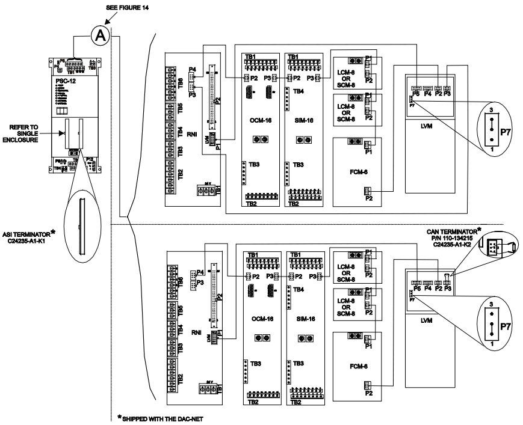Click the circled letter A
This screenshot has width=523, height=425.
tap(101, 35)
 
